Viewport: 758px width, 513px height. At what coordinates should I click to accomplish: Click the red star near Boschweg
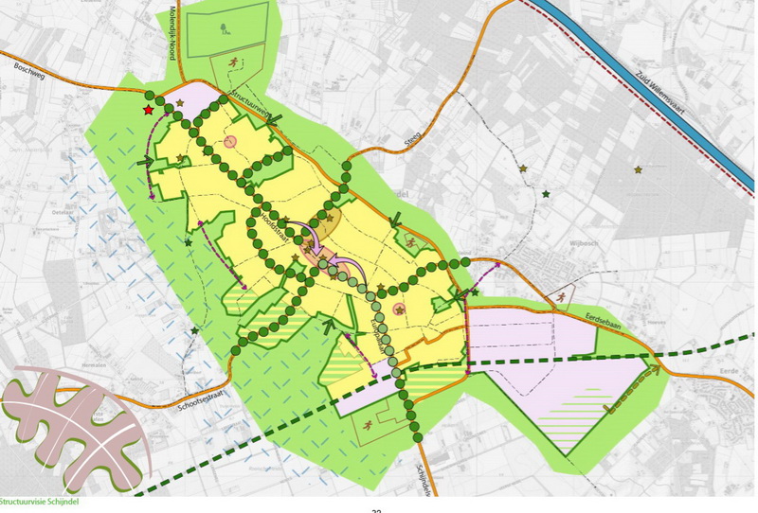(149, 111)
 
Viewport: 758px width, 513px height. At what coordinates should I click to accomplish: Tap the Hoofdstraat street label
(275, 228)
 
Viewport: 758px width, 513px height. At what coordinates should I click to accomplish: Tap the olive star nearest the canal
(638, 169)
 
